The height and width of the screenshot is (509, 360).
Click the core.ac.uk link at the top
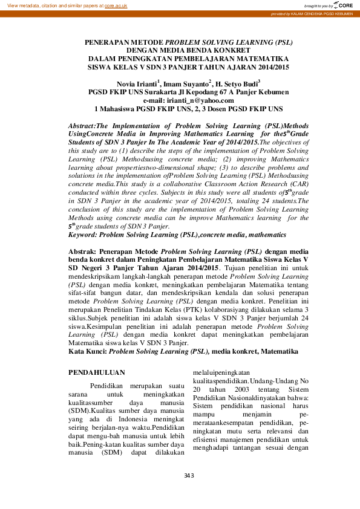116,4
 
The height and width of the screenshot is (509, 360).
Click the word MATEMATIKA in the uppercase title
265,59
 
